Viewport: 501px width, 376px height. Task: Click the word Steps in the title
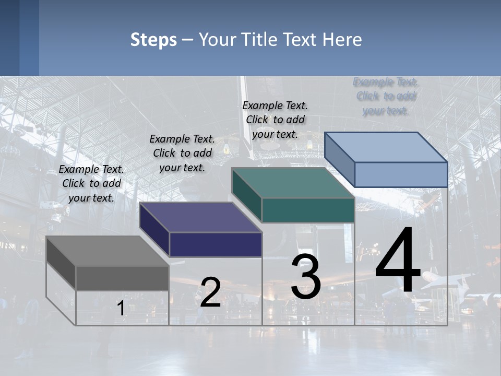tap(153, 40)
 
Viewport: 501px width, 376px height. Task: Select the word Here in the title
tap(342, 40)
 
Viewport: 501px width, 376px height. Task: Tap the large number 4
tap(398, 261)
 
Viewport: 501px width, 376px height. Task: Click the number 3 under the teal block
tap(305, 277)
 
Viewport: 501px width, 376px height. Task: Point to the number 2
tap(210, 292)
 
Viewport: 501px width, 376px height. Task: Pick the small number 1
tap(121, 308)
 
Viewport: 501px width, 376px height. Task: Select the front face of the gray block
tap(122, 278)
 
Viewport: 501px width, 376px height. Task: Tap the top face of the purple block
tap(200, 217)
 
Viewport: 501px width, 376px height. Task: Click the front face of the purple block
tap(216, 244)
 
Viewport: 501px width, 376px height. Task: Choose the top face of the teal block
tap(293, 183)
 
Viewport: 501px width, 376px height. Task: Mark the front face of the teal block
tap(308, 210)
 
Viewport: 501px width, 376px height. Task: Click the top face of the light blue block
tap(386, 147)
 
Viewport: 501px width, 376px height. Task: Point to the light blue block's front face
tap(401, 174)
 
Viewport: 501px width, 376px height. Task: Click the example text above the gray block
tap(91, 183)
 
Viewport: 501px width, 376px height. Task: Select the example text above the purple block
tap(182, 153)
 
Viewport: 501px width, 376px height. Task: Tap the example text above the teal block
tap(275, 120)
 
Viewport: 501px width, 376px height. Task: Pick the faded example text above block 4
tap(386, 96)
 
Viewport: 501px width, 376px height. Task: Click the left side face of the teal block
tap(246, 194)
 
